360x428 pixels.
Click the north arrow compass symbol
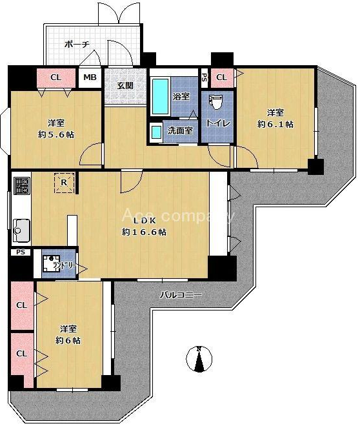[199, 359]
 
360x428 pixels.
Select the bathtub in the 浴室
[160, 97]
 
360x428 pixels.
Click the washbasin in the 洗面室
[156, 132]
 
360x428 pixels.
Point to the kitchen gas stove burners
[21, 186]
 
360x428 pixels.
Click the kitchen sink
[21, 230]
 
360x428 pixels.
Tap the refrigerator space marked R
[64, 182]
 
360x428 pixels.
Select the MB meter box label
[90, 77]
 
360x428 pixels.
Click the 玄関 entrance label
[125, 86]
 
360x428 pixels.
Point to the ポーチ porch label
[77, 44]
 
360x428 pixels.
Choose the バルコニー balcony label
[181, 295]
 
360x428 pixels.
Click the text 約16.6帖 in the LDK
[144, 232]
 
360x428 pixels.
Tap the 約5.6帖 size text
[56, 135]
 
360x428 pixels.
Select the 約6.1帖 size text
[275, 125]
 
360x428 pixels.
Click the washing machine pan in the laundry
[51, 263]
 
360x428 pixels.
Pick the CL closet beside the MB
[56, 77]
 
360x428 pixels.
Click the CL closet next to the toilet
[222, 77]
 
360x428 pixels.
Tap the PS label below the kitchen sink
[21, 252]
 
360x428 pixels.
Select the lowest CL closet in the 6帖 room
[22, 359]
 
